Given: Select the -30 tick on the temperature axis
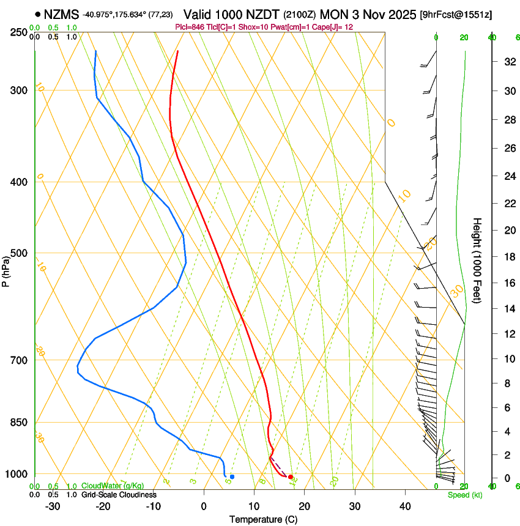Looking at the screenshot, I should pyautogui.click(x=53, y=506).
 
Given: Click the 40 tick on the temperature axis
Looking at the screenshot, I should pyautogui.click(x=405, y=506).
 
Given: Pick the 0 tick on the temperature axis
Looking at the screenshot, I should pyautogui.click(x=204, y=506).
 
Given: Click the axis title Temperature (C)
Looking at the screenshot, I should pyautogui.click(x=263, y=519).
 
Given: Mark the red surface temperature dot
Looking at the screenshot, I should pyautogui.click(x=291, y=476).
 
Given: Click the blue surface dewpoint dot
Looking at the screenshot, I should pyautogui.click(x=232, y=476).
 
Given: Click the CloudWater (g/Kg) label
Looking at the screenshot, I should pyautogui.click(x=113, y=486).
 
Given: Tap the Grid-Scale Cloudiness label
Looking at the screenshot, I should pyautogui.click(x=119, y=494).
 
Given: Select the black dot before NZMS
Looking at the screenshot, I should pyautogui.click(x=39, y=13).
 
